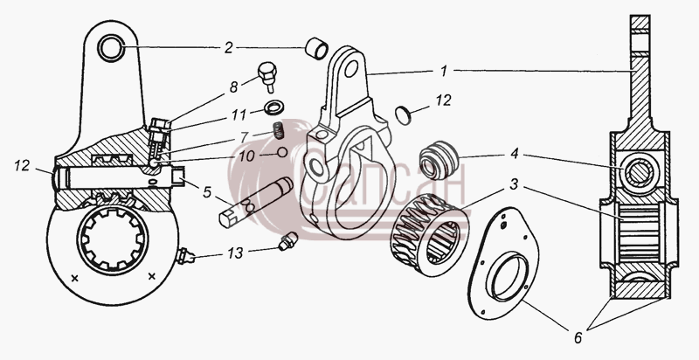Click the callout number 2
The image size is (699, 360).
pos(229,48)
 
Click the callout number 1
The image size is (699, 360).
pos(443,71)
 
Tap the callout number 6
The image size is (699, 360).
pos(578,338)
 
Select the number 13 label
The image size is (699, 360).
pos(235,253)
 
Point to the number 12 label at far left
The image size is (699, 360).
pos(22,166)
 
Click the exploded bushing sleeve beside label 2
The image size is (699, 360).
pos(316,49)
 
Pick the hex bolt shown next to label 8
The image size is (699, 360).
pos(267,76)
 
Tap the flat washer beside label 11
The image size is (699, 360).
pos(271,107)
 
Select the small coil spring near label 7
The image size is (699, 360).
pos(279,130)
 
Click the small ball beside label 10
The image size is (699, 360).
pos(281,152)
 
